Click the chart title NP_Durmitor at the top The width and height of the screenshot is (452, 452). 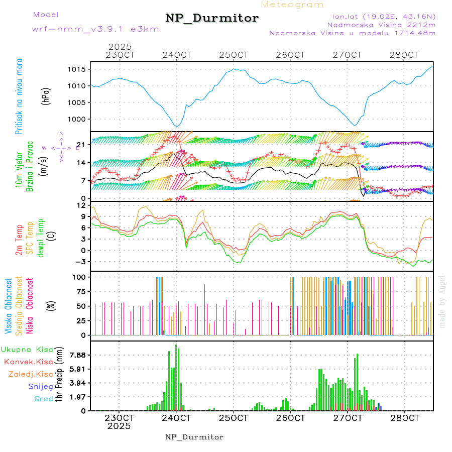pyautogui.click(x=212, y=19)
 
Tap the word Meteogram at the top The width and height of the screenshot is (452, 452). pyautogui.click(x=293, y=5)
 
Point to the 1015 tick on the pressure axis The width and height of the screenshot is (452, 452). pyautogui.click(x=79, y=69)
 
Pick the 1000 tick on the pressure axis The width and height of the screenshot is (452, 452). pyautogui.click(x=79, y=119)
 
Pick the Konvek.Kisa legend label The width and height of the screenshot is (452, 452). pyautogui.click(x=28, y=361)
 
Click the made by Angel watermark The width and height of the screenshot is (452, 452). pyautogui.click(x=442, y=301)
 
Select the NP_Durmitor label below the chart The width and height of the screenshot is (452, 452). pyautogui.click(x=194, y=437)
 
